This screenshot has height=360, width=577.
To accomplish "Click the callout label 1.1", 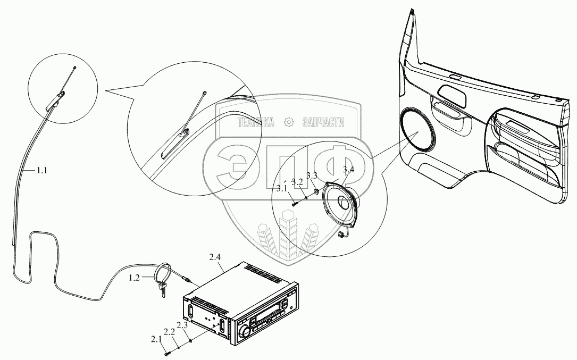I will pos(42,171).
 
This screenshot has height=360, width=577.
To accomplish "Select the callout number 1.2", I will pos(135,278).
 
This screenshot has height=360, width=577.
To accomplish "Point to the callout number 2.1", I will pos(156,339).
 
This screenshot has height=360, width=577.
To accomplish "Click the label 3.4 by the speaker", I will pos(348,170).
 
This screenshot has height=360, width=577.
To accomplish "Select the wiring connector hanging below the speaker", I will pos(340,234).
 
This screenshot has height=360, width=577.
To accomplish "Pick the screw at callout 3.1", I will pos(294,203).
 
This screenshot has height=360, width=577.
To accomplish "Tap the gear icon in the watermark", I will pos(289,122).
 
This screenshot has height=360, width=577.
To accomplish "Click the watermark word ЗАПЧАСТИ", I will pos(323,122).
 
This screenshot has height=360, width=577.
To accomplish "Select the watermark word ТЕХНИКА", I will pos(256,122).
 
